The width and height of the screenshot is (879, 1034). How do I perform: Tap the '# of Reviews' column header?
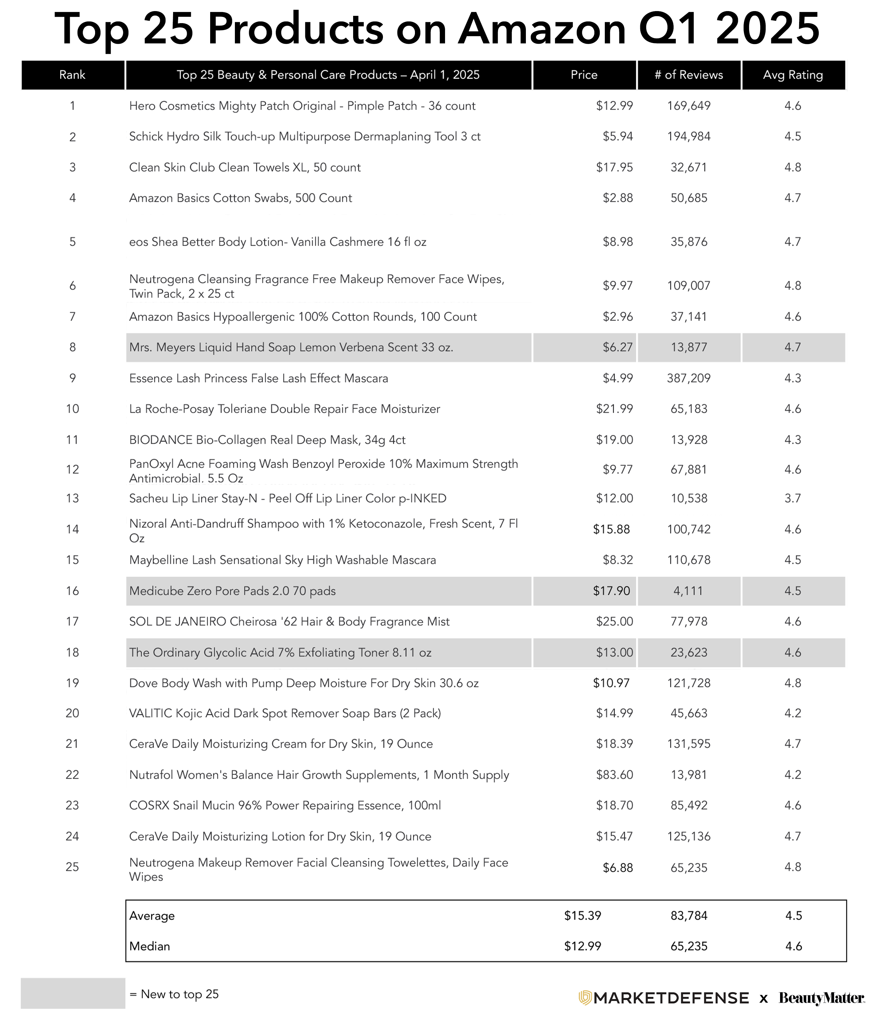click(x=688, y=75)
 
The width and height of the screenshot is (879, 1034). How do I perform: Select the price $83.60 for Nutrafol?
click(x=614, y=775)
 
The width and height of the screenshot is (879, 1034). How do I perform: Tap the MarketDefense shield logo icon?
click(x=585, y=998)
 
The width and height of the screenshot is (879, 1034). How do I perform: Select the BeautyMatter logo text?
click(x=821, y=998)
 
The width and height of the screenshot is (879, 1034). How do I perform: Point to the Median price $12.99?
click(x=583, y=946)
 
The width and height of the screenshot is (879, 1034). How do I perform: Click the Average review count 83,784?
click(x=688, y=916)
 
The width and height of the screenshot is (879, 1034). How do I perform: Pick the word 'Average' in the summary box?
click(x=152, y=916)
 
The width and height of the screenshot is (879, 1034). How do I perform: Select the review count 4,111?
click(x=688, y=591)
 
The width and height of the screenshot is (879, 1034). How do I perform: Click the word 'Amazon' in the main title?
click(x=542, y=29)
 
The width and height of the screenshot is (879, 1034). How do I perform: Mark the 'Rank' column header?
click(x=72, y=75)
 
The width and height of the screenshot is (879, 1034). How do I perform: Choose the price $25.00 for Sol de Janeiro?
click(x=614, y=621)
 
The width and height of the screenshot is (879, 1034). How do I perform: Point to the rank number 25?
click(x=72, y=867)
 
